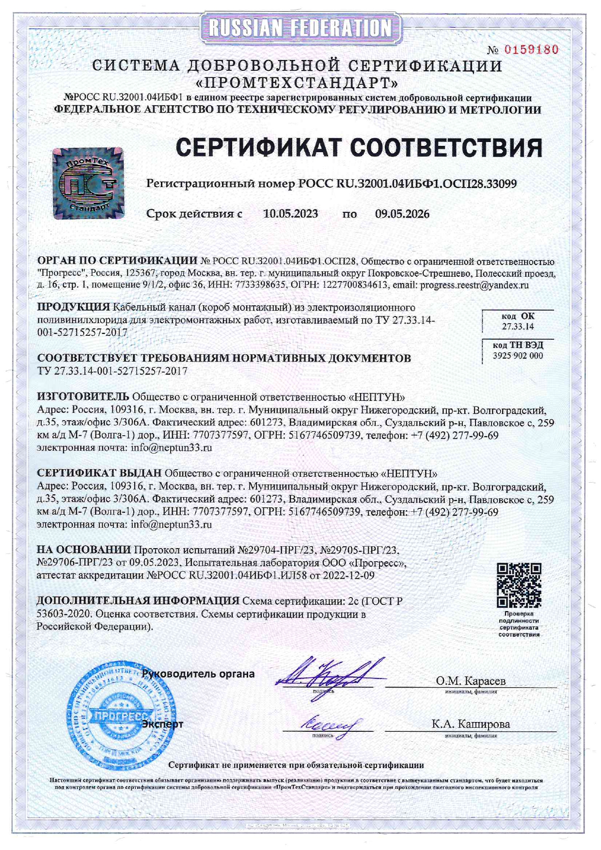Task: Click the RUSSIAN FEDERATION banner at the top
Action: click(300, 28)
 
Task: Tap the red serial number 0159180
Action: click(531, 49)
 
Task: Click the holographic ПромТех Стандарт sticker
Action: click(88, 183)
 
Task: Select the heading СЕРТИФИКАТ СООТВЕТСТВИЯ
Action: click(359, 147)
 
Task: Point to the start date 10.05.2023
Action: click(290, 214)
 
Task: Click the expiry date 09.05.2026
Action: click(402, 214)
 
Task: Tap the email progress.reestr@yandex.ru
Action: click(474, 285)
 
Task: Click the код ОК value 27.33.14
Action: click(518, 327)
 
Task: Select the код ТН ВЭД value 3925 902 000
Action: click(518, 356)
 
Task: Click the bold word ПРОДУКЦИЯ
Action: click(74, 307)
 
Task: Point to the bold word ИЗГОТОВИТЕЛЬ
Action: click(83, 397)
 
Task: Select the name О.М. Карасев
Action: click(470, 681)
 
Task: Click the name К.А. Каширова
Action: click(471, 724)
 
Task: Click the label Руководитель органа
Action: click(198, 674)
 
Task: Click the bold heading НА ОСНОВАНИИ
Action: click(84, 550)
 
